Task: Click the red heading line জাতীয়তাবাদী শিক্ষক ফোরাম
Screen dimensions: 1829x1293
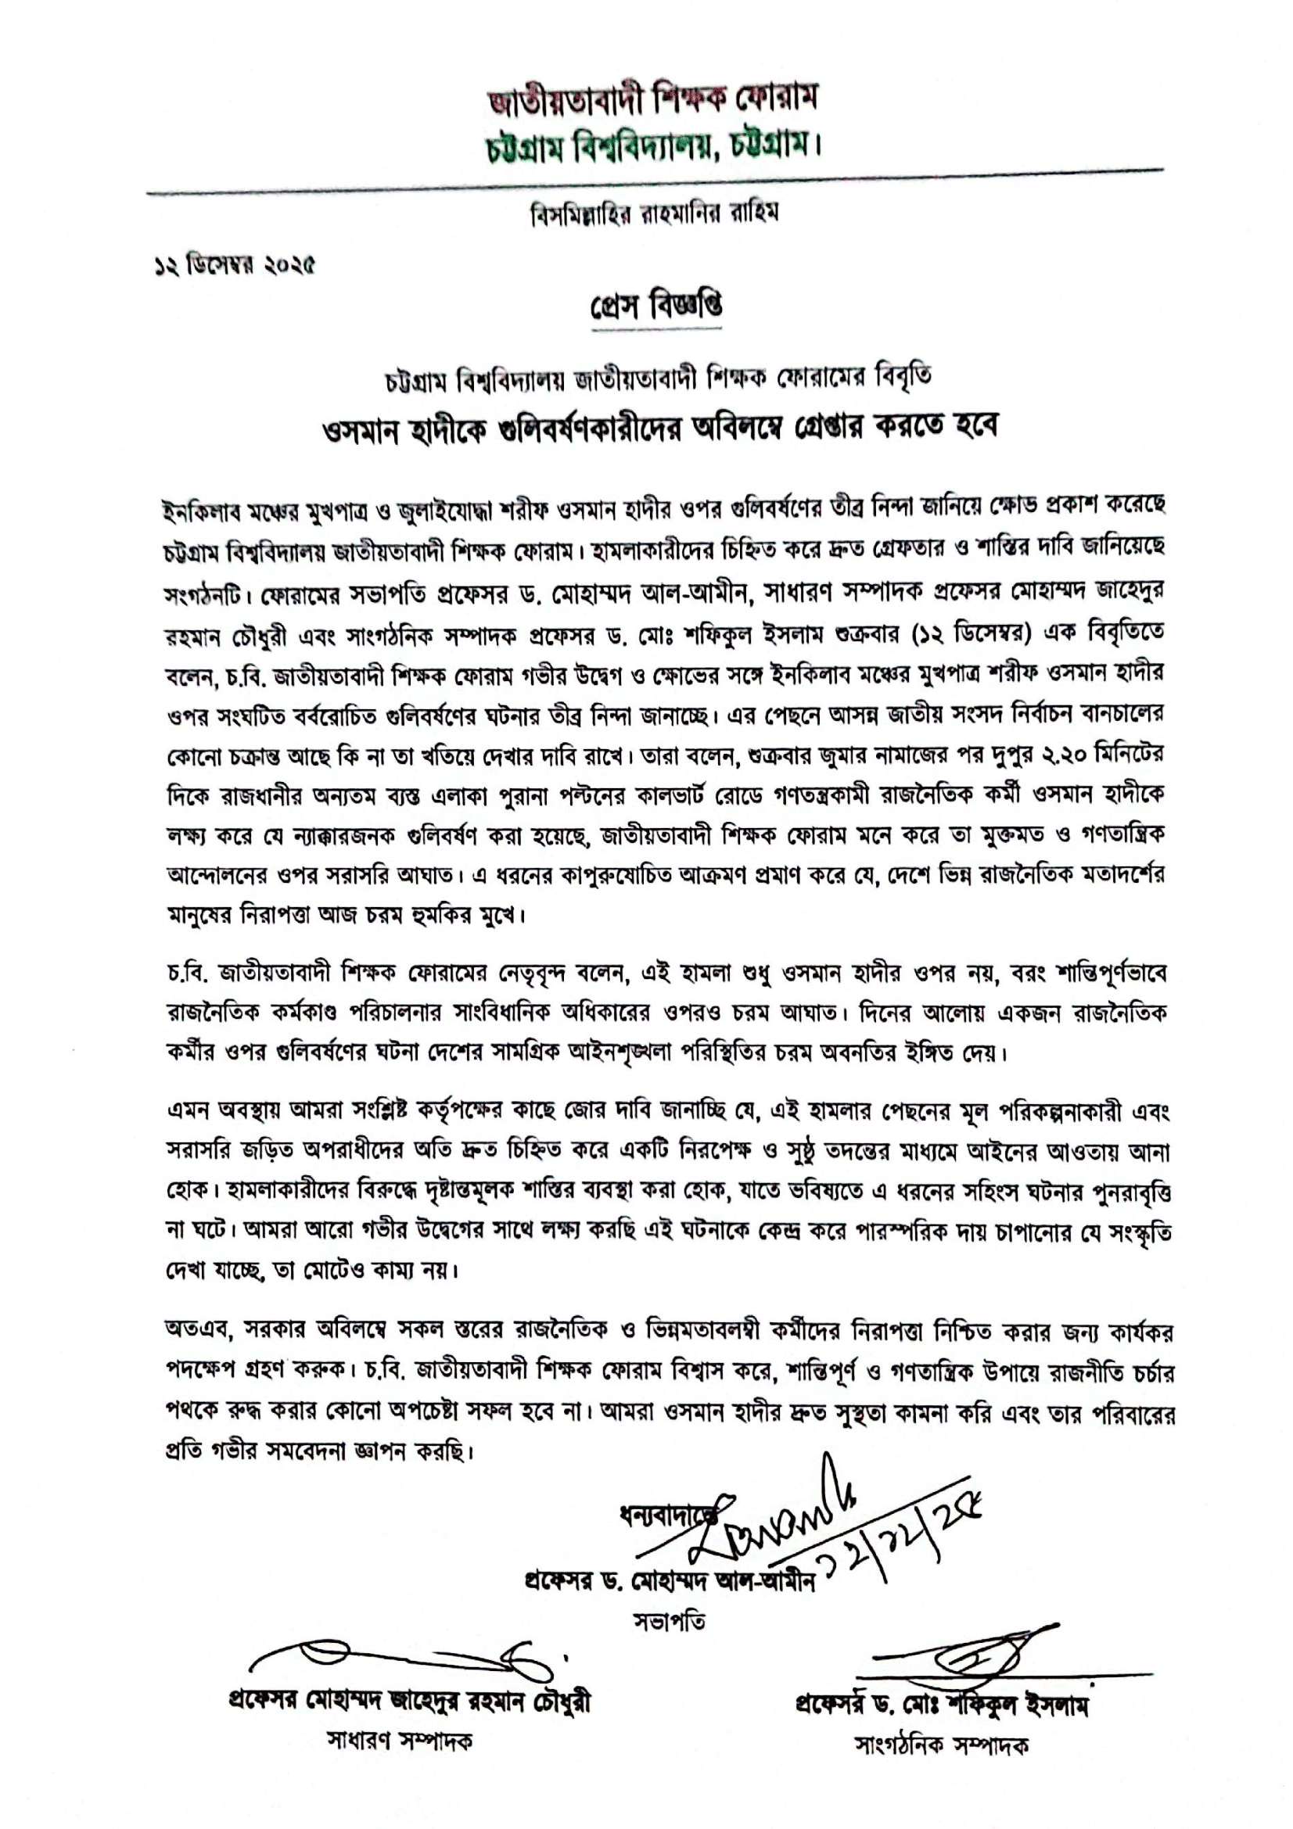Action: point(653,99)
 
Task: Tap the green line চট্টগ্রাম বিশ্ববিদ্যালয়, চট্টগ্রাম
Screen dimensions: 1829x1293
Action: point(653,147)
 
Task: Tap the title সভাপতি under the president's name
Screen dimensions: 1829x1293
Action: point(670,1621)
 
